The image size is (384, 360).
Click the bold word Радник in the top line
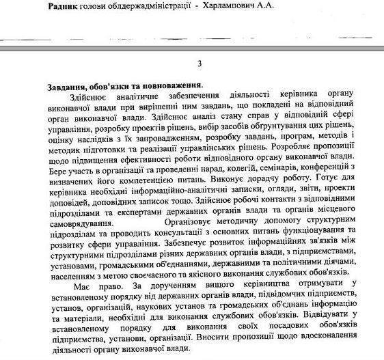pyautogui.click(x=66, y=5)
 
